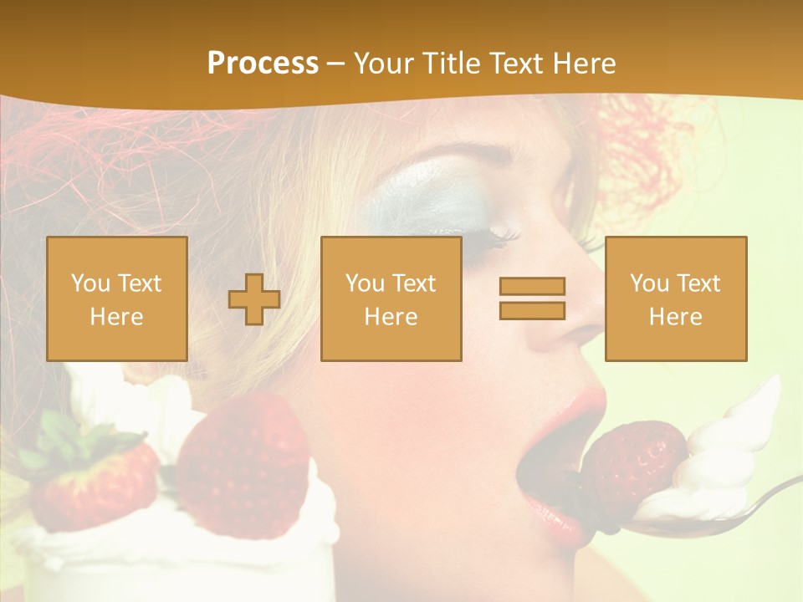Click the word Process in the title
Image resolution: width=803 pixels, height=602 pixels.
(263, 63)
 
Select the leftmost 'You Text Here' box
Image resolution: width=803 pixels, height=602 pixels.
(116, 298)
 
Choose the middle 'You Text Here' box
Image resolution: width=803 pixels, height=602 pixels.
(391, 298)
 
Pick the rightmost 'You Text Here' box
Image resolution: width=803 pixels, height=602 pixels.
(675, 298)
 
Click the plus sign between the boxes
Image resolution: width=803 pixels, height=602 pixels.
(254, 299)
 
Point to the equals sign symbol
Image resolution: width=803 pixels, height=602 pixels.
(532, 298)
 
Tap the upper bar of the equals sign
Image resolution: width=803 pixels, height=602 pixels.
(532, 286)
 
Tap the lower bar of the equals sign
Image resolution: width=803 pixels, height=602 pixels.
(532, 311)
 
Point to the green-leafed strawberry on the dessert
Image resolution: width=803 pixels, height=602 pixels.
(92, 485)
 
